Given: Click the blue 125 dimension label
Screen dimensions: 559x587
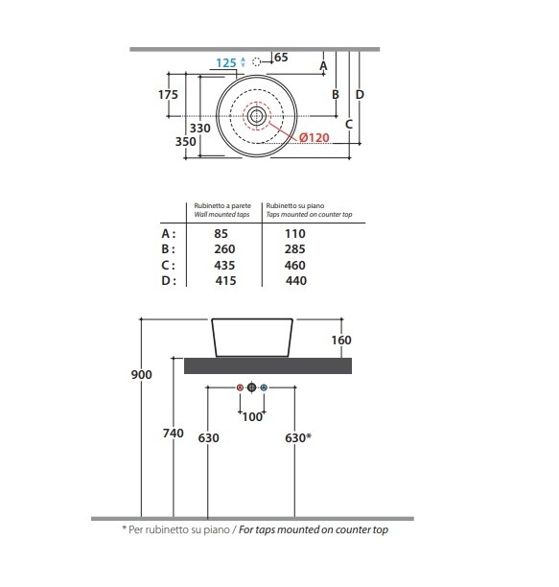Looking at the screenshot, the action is (226, 63).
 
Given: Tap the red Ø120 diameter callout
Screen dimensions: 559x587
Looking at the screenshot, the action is (314, 138).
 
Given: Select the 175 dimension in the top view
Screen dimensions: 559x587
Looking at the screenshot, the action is (168, 95).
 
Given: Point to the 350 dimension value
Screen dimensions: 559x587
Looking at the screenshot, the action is (186, 142).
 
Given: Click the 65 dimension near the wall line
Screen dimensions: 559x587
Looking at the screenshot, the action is (281, 58).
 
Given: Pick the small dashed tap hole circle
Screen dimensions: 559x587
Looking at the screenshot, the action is (256, 61).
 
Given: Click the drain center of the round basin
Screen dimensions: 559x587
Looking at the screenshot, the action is (257, 116).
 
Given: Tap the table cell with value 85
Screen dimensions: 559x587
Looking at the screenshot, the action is (221, 234).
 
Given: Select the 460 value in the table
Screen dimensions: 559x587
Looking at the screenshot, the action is (294, 266).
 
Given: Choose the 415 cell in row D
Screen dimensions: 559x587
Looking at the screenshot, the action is (225, 281).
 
